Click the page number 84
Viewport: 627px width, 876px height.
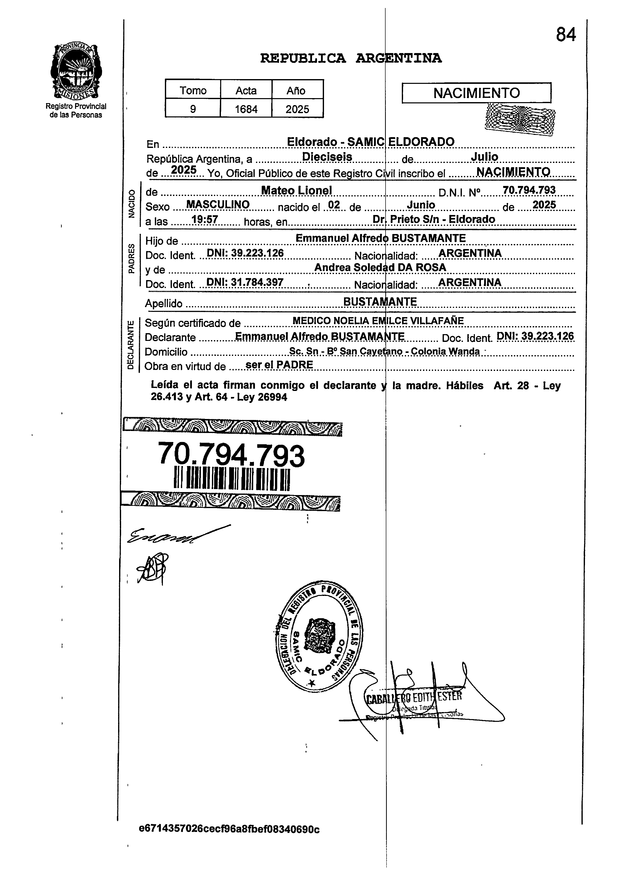point(566,35)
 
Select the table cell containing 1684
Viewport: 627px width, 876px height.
point(246,109)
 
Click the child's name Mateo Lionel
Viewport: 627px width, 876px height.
point(296,190)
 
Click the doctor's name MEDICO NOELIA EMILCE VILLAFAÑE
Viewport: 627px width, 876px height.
point(378,321)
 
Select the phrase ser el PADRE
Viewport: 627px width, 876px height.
point(279,365)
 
